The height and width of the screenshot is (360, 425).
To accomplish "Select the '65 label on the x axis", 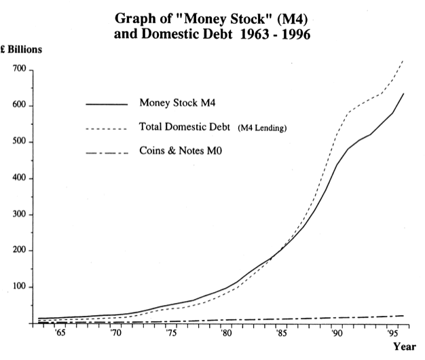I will coord(60,334).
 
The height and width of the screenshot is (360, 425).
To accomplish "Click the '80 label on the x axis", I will coord(226,334).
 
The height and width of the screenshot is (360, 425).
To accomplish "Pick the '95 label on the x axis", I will coord(392,334).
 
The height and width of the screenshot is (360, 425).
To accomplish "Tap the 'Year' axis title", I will coord(404,346).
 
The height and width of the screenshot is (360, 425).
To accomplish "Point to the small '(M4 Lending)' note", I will coord(261,128).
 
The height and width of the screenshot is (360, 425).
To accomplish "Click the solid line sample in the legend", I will coord(107,105).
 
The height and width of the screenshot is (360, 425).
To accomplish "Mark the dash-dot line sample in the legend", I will coord(107,152).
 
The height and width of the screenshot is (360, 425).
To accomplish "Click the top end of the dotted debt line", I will coord(403,61).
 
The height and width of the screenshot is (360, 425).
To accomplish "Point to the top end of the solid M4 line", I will coord(404,94).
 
